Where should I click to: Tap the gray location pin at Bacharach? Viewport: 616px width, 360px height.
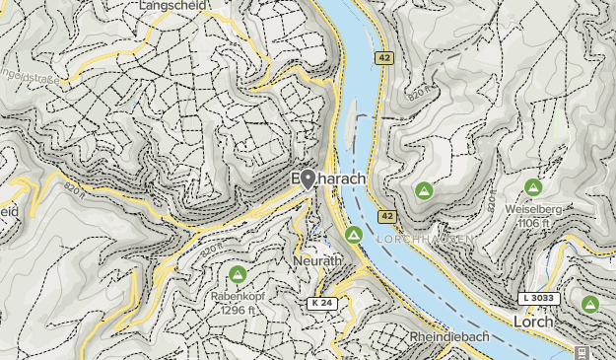coord(308,179)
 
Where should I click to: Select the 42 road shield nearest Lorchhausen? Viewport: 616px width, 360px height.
coord(385,216)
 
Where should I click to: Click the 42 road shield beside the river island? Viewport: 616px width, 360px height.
coord(382,59)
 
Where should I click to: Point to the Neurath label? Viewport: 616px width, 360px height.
coord(318,260)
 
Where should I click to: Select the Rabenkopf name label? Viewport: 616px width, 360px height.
coord(237,295)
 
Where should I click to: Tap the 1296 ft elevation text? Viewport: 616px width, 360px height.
coord(237,309)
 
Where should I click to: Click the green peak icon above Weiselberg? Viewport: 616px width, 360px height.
coord(533,186)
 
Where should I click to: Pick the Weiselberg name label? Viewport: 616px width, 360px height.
coord(532,208)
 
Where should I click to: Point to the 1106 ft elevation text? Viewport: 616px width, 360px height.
coord(532,223)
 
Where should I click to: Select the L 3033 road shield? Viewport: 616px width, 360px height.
coord(537,298)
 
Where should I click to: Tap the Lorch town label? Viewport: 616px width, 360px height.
coord(532,322)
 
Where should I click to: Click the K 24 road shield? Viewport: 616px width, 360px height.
coord(321,303)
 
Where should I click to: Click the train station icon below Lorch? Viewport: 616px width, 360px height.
coord(582,352)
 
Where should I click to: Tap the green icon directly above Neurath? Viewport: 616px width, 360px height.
coord(353,235)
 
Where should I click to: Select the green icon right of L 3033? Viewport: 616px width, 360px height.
coord(590,303)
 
